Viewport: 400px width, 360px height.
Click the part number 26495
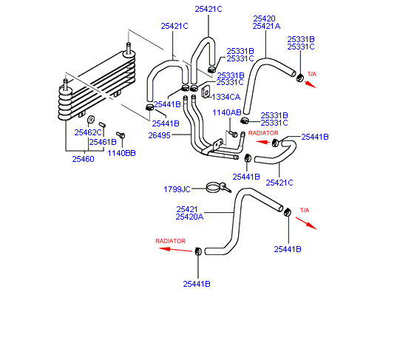tap(159, 135)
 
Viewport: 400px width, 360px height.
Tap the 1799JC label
tap(177, 189)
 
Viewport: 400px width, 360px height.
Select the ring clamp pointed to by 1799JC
tap(214, 188)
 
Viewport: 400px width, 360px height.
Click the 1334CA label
tap(226, 97)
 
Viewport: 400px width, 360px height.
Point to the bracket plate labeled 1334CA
tap(206, 92)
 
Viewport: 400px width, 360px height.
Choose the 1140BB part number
tap(121, 153)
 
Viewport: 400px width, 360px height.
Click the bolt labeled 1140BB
tap(121, 135)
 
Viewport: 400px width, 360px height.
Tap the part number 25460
tap(83, 159)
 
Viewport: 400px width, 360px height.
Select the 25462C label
tap(88, 132)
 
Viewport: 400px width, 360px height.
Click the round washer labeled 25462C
tap(91, 120)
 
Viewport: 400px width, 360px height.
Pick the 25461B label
tap(103, 142)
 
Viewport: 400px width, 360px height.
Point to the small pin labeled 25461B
tap(103, 125)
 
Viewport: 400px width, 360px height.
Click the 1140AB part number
tap(227, 112)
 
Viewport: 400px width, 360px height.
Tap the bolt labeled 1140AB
tap(234, 134)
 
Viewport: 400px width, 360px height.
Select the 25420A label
tap(189, 217)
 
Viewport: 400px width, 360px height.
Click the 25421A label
tap(266, 26)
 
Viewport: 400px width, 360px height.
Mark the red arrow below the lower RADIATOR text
tap(175, 250)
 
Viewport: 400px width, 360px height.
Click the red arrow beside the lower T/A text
tap(306, 223)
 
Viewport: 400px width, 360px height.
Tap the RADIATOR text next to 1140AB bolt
tap(263, 133)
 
